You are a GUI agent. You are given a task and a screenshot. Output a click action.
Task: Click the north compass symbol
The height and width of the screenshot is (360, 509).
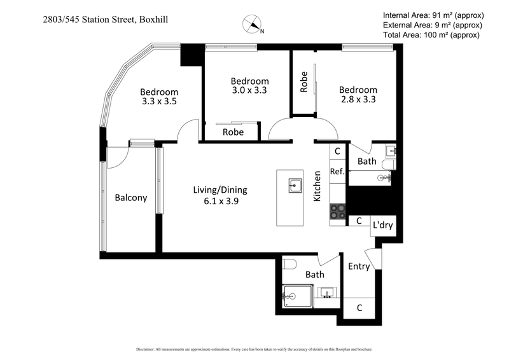(x=253, y=25)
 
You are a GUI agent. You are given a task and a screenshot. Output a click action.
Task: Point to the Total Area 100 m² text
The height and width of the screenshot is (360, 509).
(x=432, y=35)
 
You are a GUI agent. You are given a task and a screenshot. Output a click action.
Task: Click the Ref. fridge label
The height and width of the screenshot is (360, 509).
(x=337, y=172)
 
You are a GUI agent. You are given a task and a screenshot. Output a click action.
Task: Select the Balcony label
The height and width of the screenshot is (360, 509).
(x=131, y=198)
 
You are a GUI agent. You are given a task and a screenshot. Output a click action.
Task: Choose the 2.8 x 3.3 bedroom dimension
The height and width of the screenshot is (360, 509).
(x=358, y=100)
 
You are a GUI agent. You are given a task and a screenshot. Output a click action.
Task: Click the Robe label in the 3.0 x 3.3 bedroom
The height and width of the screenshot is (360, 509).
(x=233, y=132)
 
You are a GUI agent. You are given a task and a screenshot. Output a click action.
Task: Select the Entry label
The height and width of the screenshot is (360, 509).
(x=359, y=267)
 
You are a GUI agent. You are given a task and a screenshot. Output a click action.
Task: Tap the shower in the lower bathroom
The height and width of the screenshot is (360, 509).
(x=297, y=295)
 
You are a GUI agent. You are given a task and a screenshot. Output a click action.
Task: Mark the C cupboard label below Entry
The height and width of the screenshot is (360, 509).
(x=359, y=308)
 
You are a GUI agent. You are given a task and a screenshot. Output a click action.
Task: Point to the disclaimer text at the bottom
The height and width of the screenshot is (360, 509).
(x=254, y=349)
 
